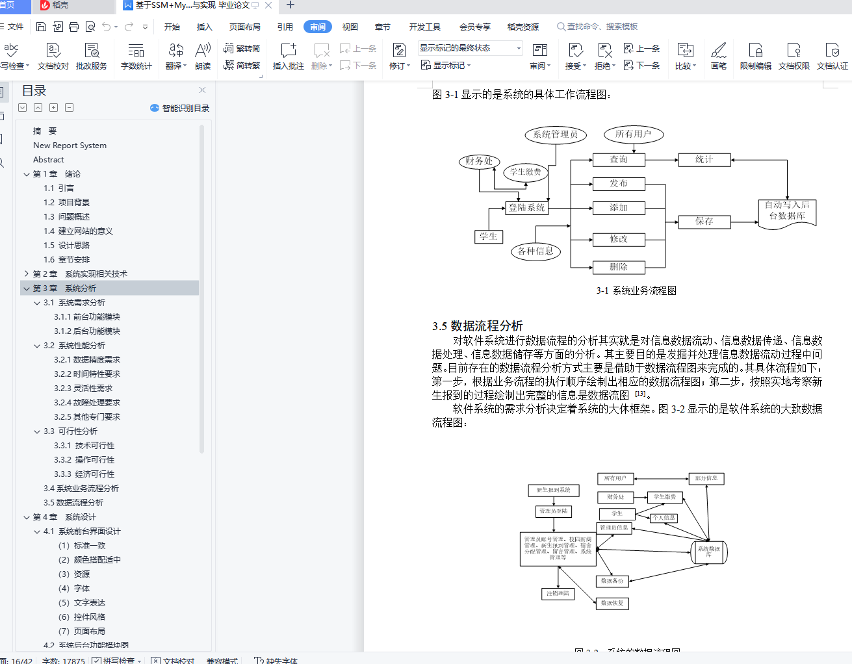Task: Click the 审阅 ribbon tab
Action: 318,27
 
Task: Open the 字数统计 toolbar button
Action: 136,56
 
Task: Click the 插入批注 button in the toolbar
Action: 288,56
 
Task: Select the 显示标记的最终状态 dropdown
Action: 470,48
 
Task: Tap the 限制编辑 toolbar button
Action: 755,56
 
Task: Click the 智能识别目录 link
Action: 180,108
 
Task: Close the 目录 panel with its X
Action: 202,90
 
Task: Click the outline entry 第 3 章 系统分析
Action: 64,288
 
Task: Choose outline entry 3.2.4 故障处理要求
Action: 87,402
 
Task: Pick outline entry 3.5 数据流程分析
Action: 73,502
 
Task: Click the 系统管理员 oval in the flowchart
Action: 555,134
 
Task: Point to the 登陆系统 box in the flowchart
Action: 527,208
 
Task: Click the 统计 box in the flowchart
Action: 704,159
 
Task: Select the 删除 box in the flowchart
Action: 619,266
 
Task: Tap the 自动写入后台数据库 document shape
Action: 787,211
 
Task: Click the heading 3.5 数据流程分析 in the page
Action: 478,326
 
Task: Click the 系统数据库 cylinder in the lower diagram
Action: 709,552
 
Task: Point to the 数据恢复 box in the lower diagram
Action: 612,603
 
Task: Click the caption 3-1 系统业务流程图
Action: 636,290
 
